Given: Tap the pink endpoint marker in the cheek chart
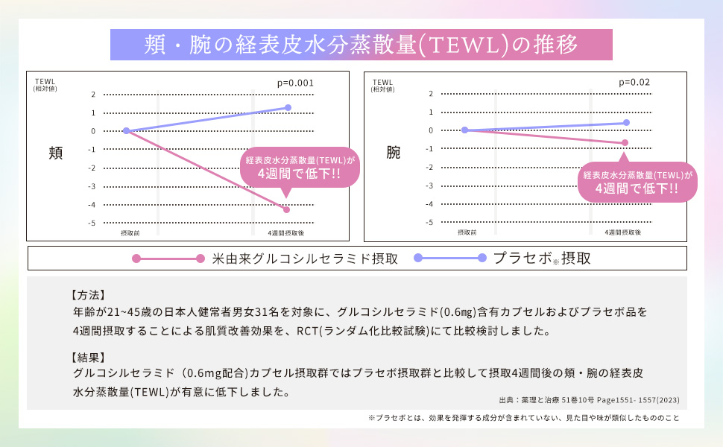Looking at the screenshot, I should pyautogui.click(x=287, y=210).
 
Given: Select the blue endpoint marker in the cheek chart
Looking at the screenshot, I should pyautogui.click(x=288, y=108).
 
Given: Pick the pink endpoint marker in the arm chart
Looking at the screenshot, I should pyautogui.click(x=625, y=142).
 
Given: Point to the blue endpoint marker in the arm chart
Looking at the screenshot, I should pyautogui.click(x=626, y=122).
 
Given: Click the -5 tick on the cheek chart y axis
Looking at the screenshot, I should pyautogui.click(x=93, y=223).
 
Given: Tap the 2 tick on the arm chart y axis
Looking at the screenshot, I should pyautogui.click(x=431, y=94).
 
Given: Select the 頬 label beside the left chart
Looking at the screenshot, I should pyautogui.click(x=55, y=153).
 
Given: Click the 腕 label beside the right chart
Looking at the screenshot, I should pyautogui.click(x=393, y=153).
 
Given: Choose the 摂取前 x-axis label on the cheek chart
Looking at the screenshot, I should pyautogui.click(x=130, y=233).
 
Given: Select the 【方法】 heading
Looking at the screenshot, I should pyautogui.click(x=88, y=294).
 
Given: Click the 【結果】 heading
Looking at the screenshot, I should pyautogui.click(x=88, y=356).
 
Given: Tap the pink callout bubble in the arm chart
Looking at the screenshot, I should pyautogui.click(x=638, y=183).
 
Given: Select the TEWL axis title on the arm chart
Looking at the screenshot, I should pyautogui.click(x=382, y=82).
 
